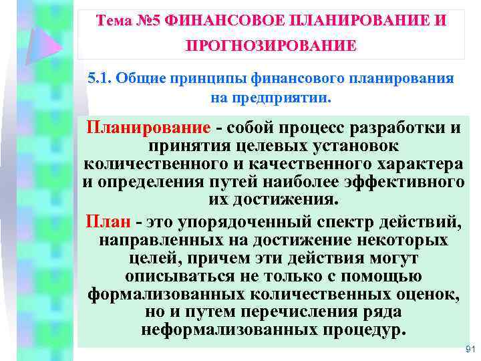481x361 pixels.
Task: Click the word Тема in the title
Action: coord(114,21)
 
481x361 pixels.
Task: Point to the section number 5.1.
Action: coord(100,78)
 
